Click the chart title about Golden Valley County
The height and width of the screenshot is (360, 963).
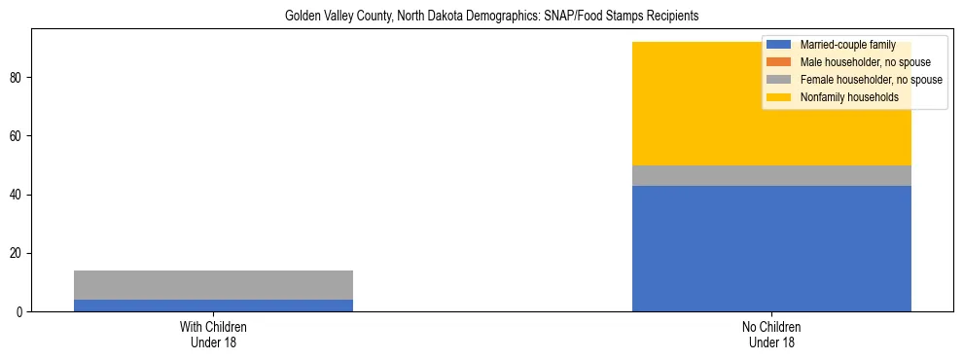[491, 17]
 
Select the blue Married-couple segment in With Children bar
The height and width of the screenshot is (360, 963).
[213, 306]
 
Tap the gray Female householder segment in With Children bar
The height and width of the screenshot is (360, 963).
[213, 285]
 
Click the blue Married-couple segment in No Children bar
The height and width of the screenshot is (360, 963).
[771, 248]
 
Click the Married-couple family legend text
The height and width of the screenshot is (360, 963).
[847, 45]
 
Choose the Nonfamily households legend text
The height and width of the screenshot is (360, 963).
[849, 97]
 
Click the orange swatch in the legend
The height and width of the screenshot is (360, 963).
[778, 62]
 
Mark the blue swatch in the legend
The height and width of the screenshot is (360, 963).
[778, 45]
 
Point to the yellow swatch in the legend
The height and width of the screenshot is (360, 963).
[778, 97]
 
